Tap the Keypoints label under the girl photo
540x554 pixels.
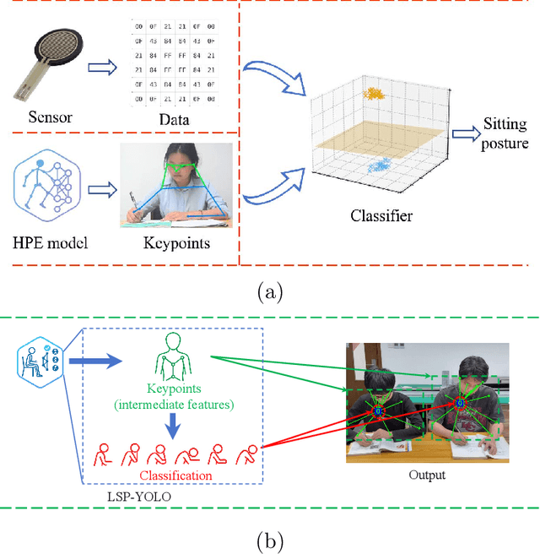(x=177, y=245)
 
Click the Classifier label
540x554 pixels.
(x=381, y=216)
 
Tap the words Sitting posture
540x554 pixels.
(x=505, y=133)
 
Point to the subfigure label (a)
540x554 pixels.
(x=269, y=293)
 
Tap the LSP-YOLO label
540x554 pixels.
(x=138, y=496)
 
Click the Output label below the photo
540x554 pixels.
(x=427, y=475)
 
